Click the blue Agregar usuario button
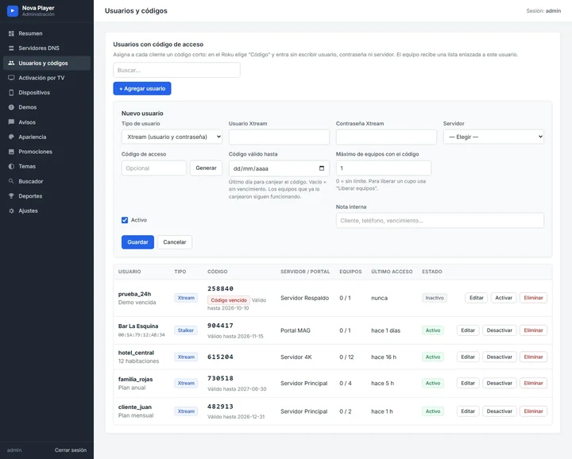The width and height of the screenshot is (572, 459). [x=142, y=89]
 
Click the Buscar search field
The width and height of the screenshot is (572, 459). [x=176, y=70]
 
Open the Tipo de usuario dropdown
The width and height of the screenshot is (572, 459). [x=172, y=137]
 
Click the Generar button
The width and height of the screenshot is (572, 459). [x=206, y=168]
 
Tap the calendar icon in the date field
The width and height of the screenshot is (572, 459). [x=322, y=168]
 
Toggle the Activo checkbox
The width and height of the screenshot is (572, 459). [x=125, y=220]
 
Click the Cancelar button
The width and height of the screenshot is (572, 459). [x=174, y=242]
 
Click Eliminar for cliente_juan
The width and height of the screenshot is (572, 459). [x=533, y=411]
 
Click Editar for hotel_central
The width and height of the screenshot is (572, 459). [x=468, y=357]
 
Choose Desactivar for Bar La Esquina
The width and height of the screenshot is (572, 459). [x=500, y=330]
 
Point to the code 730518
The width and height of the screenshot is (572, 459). [x=220, y=379]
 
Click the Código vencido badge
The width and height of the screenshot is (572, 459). [x=229, y=300]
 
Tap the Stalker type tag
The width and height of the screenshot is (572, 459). [x=186, y=330]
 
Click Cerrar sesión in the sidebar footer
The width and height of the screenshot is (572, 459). [x=71, y=450]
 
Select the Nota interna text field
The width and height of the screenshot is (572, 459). [x=440, y=221]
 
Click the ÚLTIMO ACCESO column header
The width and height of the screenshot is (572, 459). [x=392, y=272]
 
